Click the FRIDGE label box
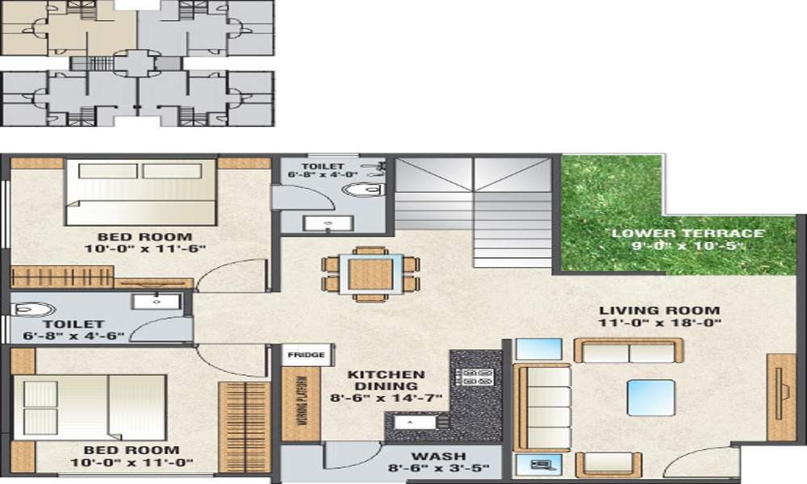pos(306,354)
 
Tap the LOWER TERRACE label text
pos(687,234)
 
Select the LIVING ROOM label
pos(659,310)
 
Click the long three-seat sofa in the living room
pos(542,407)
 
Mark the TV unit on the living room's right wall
pos(780,397)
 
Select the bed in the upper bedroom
pos(141,192)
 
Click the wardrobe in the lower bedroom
pos(243,427)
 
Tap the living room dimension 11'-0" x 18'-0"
pos(660,323)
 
